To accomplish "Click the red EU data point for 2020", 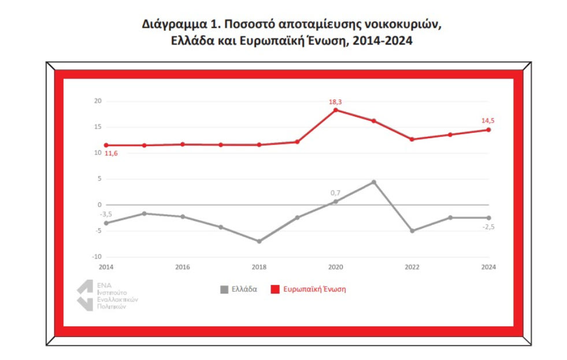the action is click(x=336, y=110).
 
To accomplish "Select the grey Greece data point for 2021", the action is click(x=374, y=182).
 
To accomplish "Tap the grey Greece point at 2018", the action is click(x=260, y=241).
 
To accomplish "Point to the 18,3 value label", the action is click(x=335, y=102).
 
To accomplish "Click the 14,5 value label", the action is click(x=488, y=121).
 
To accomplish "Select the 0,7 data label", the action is click(x=335, y=193).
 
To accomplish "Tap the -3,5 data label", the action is click(x=106, y=214).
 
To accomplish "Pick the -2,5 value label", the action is click(x=488, y=227).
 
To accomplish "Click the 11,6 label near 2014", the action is click(x=111, y=153).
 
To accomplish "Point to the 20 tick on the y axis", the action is click(x=98, y=101).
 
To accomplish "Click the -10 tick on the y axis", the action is click(x=97, y=257).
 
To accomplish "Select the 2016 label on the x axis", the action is click(x=183, y=267).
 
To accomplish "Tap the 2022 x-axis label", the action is click(x=412, y=267).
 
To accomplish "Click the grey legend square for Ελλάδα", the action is click(x=224, y=290).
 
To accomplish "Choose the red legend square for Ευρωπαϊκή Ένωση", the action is click(x=275, y=290).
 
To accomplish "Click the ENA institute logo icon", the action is click(x=86, y=295).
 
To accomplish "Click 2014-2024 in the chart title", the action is click(x=382, y=41).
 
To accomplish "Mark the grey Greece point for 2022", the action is click(x=412, y=231).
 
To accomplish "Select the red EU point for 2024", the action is click(x=488, y=130).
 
